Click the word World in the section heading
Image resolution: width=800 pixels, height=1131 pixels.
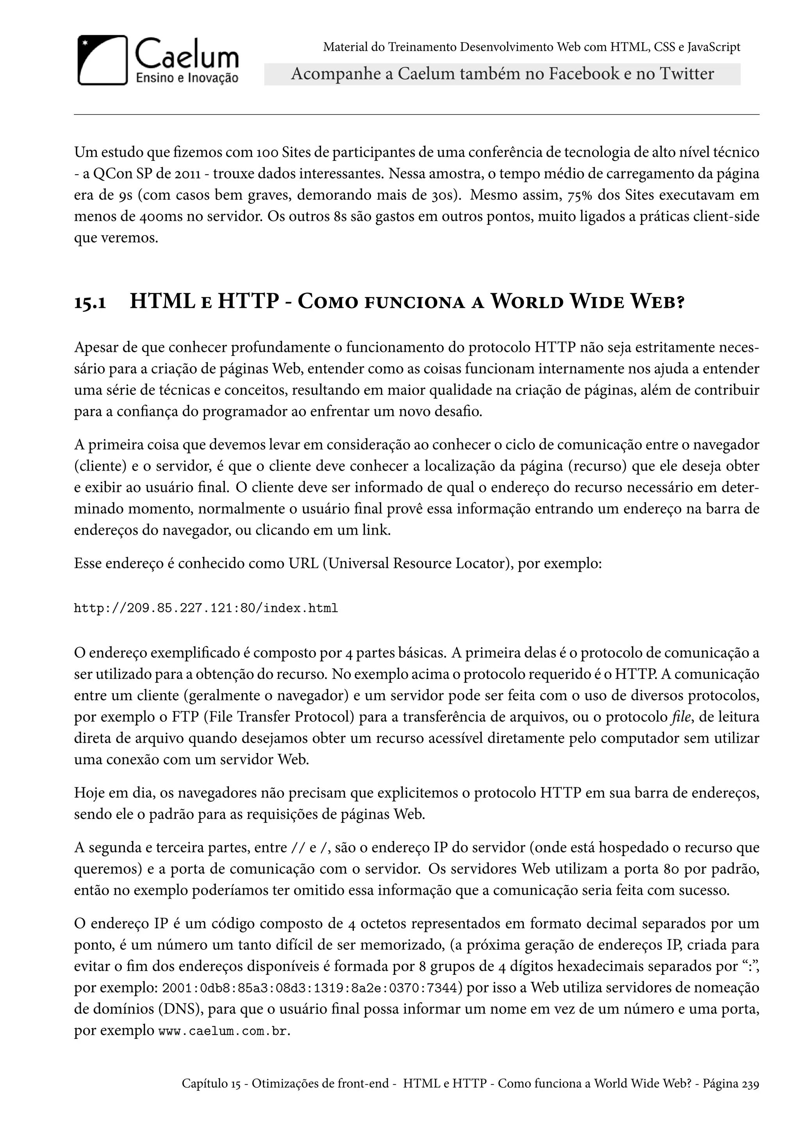pos(527,301)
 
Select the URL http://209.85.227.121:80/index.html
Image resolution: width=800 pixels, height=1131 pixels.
pos(206,608)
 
